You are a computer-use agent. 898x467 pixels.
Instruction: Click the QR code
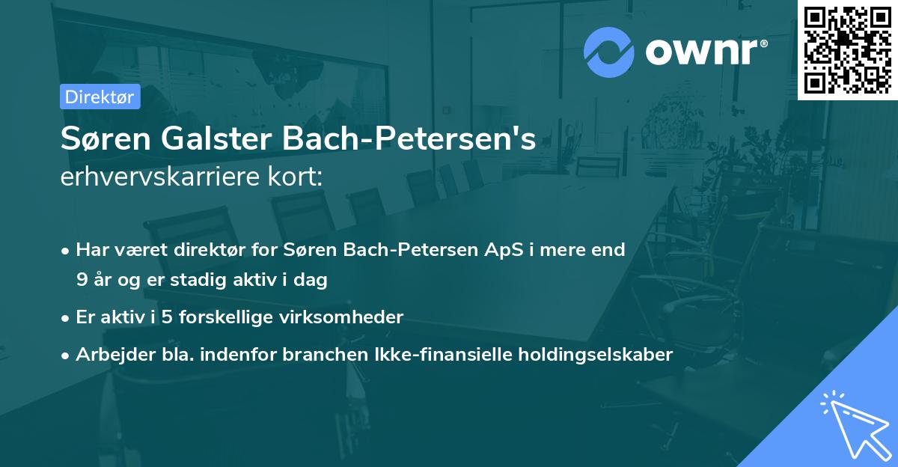(x=848, y=50)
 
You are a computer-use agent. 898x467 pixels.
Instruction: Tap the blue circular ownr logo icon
(x=608, y=52)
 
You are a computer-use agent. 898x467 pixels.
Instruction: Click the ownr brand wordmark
(x=706, y=52)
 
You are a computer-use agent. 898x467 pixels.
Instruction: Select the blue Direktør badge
(x=100, y=97)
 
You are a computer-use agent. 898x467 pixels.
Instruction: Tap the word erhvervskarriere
(x=156, y=177)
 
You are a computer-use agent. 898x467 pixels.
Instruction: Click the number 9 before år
(x=82, y=281)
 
